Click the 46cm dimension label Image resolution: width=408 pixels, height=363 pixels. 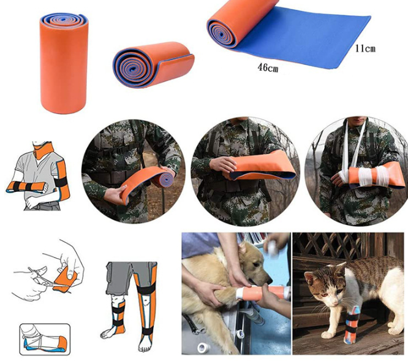click(x=268, y=67)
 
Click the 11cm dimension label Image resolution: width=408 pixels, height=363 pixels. click(x=365, y=48)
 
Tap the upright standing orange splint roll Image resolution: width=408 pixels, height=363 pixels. click(x=64, y=63)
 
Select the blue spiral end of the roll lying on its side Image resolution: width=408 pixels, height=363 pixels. click(x=132, y=68)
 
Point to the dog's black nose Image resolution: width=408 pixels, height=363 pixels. click(x=269, y=281)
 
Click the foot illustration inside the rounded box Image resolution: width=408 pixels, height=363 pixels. click(x=45, y=339)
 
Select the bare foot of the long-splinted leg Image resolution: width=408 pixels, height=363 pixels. click(x=145, y=344)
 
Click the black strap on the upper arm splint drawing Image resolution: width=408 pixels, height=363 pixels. click(x=61, y=181)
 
